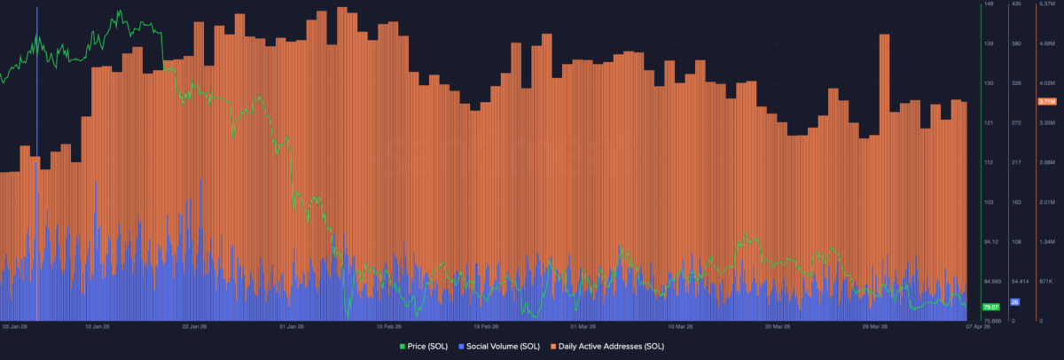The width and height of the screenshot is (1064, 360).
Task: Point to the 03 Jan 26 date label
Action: point(16,326)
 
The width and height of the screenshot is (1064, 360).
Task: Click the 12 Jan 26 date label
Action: point(98,326)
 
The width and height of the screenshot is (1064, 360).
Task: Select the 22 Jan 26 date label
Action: point(195,326)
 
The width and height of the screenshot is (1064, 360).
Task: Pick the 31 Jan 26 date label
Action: point(293,326)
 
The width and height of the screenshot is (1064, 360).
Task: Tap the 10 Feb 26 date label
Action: point(390,326)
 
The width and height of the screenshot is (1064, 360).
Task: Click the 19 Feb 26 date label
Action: point(487,326)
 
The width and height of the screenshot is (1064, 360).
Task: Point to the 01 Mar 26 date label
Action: point(583,326)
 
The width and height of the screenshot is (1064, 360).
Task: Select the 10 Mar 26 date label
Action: point(681,326)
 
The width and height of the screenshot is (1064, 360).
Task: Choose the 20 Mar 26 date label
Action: point(778,326)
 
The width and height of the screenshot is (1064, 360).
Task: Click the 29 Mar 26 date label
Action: point(875,326)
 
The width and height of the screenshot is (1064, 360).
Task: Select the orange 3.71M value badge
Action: point(1046,102)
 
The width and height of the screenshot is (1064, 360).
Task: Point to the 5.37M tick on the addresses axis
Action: point(1046,4)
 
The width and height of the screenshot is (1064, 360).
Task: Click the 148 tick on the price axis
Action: point(989,4)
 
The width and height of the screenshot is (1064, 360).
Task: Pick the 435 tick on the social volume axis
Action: point(1017,4)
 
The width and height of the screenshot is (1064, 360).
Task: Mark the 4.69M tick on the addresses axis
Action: point(1046,43)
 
